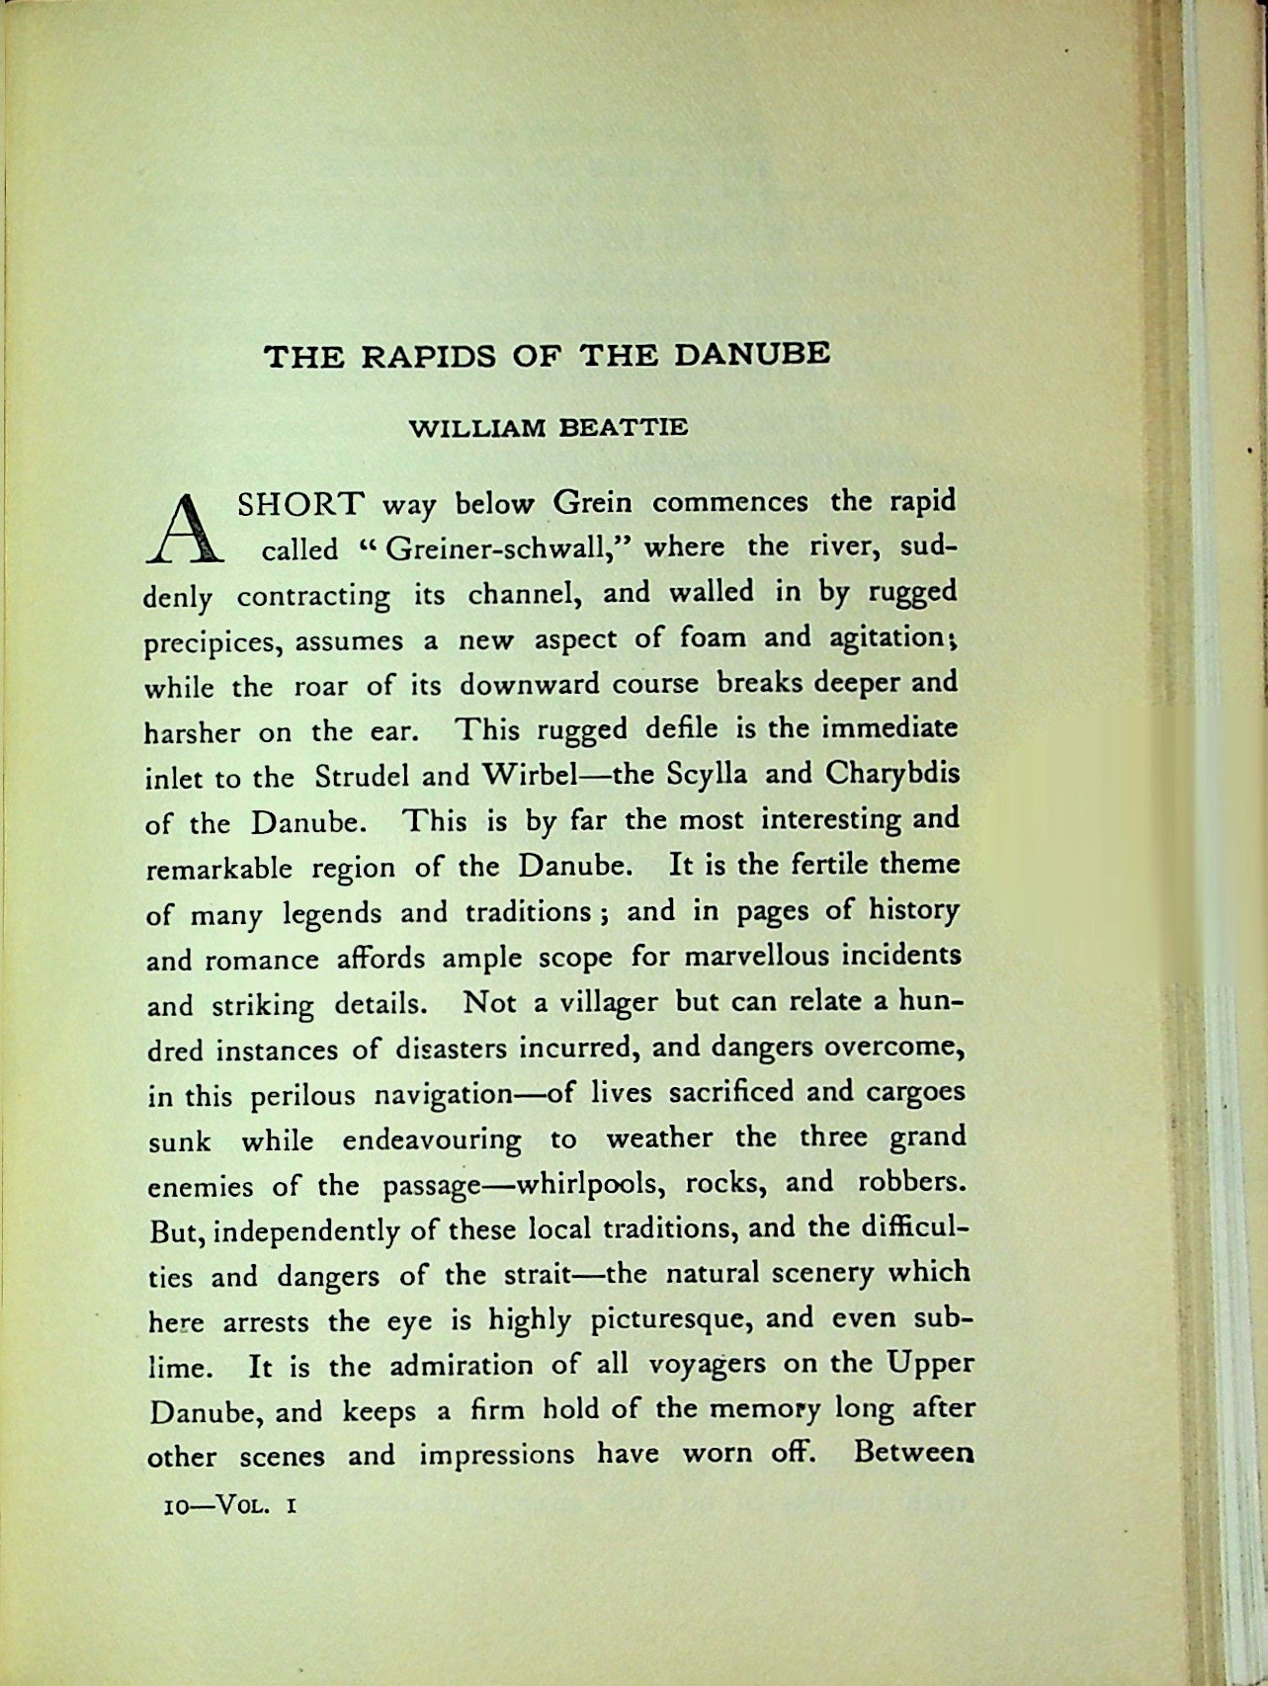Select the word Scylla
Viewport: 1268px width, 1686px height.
pyautogui.click(x=704, y=775)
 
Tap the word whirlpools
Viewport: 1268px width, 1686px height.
pyautogui.click(x=595, y=1183)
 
